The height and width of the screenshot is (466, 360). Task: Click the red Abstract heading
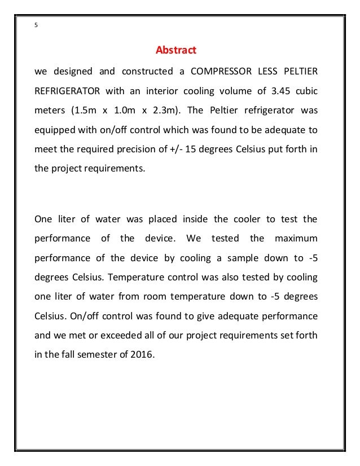click(175, 51)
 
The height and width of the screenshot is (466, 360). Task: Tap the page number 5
click(37, 25)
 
